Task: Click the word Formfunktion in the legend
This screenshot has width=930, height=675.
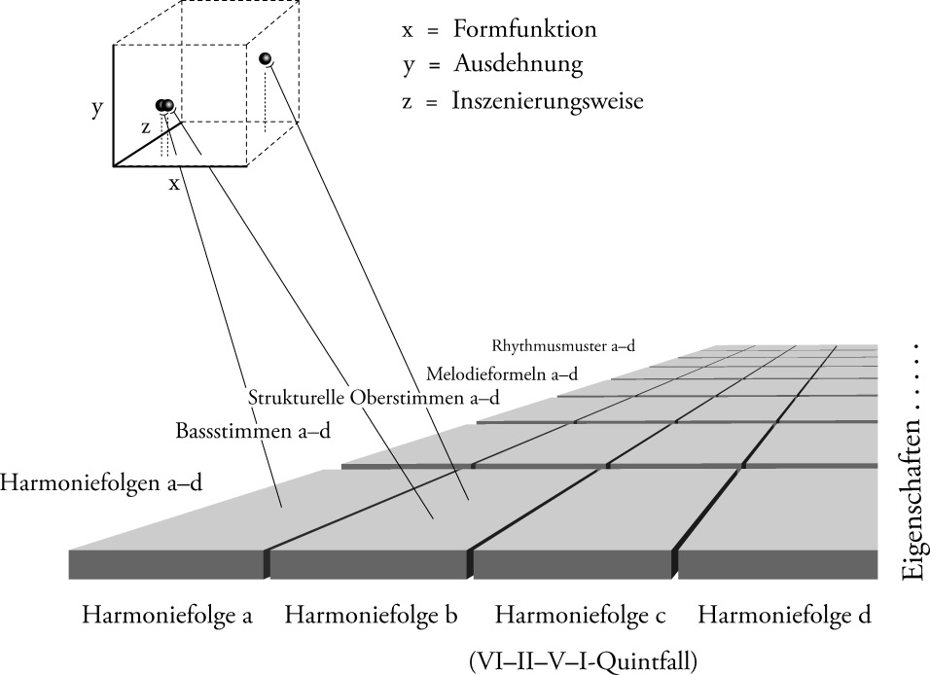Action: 523,29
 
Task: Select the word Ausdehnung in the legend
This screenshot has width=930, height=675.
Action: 517,65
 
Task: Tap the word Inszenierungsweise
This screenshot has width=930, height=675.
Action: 547,100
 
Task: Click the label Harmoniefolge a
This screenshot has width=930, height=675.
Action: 167,616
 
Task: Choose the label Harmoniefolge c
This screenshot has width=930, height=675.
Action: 581,616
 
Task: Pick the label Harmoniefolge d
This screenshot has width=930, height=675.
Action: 784,616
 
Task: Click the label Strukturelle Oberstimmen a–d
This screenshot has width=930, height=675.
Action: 374,397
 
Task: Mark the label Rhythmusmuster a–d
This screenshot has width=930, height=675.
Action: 563,345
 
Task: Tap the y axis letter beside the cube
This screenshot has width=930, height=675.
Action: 97,108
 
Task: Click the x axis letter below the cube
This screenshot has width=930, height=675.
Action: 174,182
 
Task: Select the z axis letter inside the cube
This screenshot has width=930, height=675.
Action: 146,126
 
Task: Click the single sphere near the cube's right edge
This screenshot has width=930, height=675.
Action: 267,60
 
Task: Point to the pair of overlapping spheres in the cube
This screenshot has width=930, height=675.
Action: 164,105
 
